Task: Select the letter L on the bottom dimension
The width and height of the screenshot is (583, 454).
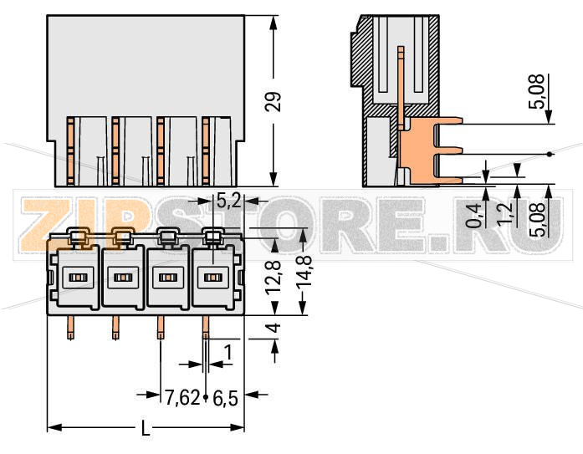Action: pyautogui.click(x=145, y=429)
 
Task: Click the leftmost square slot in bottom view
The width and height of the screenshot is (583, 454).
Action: pyautogui.click(x=77, y=277)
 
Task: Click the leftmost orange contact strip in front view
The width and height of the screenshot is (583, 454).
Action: pyautogui.click(x=71, y=150)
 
